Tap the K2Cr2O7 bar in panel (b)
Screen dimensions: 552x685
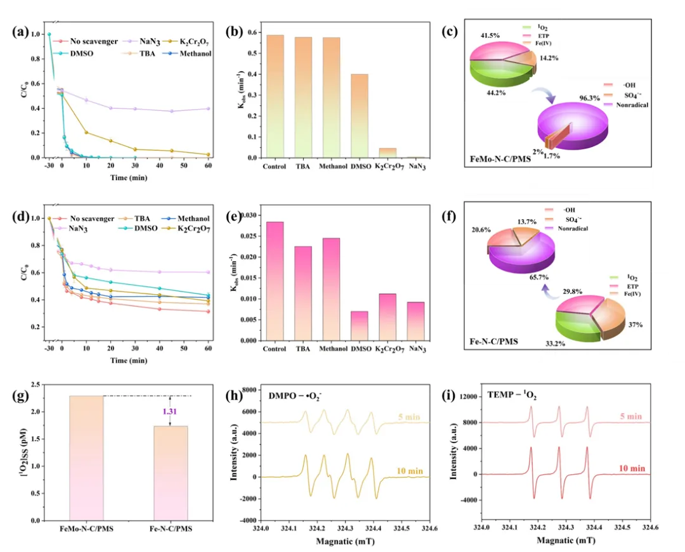click(387, 153)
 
